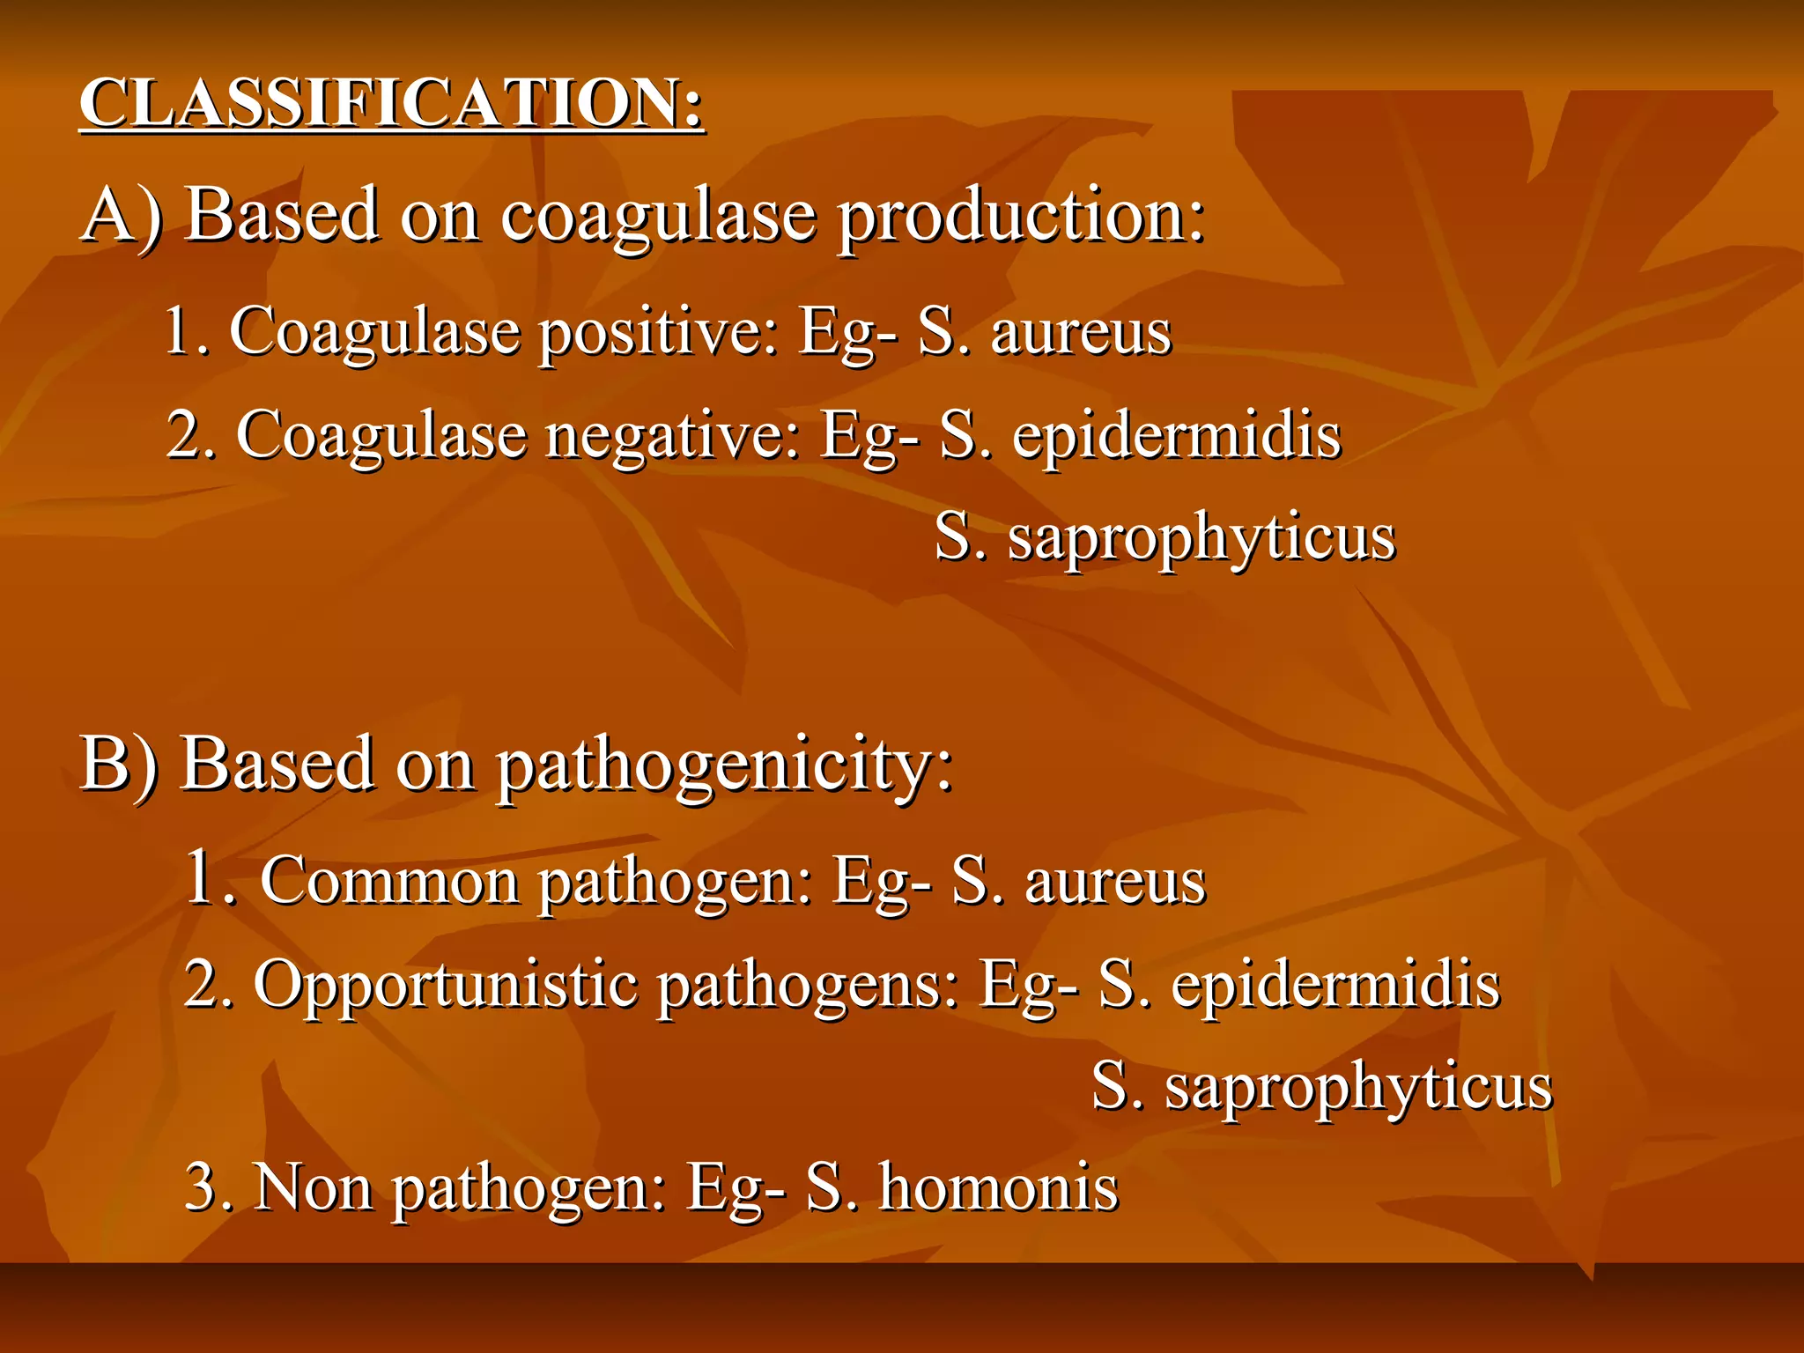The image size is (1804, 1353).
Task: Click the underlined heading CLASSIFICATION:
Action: pyautogui.click(x=392, y=104)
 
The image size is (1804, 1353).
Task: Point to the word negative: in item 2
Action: pyautogui.click(x=673, y=436)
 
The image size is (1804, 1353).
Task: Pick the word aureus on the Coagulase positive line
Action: pyautogui.click(x=1081, y=334)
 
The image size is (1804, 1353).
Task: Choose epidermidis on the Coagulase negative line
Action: pyautogui.click(x=1176, y=436)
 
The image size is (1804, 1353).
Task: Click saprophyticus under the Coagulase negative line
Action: pyautogui.click(x=1201, y=539)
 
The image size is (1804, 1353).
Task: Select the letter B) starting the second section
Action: pyautogui.click(x=120, y=764)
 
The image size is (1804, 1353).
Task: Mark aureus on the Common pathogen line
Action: pyautogui.click(x=1114, y=882)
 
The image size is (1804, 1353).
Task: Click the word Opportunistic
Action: pyautogui.click(x=445, y=984)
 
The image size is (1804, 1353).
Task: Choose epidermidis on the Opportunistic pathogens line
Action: pyautogui.click(x=1335, y=984)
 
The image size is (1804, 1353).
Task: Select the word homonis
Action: pyautogui.click(x=999, y=1187)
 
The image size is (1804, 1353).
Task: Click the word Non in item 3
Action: pyautogui.click(x=313, y=1187)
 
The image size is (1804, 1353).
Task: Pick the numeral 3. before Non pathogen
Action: pyautogui.click(x=209, y=1187)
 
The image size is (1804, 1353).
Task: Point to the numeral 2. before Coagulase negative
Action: pyautogui.click(x=191, y=436)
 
